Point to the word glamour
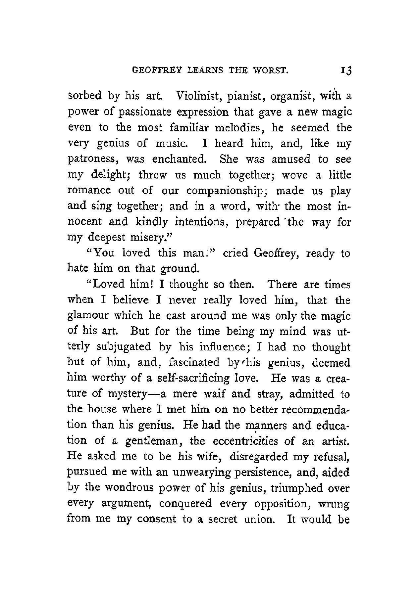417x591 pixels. tap(87, 316)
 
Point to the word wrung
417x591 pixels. tap(334, 504)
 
